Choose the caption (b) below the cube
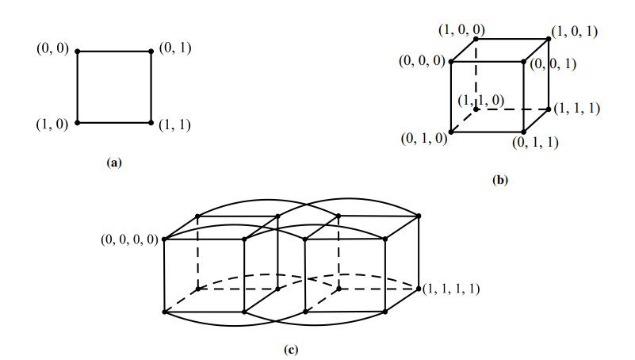[x=499, y=180]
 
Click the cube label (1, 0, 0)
[x=461, y=29]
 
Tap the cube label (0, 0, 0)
[x=421, y=61]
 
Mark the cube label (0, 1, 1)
[x=537, y=143]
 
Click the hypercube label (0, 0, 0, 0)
[x=129, y=239]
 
